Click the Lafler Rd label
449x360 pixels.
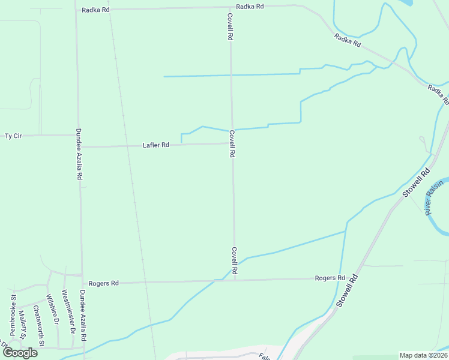(x=156, y=145)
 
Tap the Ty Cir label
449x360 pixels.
(x=13, y=136)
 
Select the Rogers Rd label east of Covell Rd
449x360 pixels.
(x=330, y=278)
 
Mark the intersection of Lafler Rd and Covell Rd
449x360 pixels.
(x=232, y=143)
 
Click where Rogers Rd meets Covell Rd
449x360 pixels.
(x=235, y=280)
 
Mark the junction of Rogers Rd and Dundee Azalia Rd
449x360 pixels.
(x=82, y=283)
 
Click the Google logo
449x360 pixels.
(x=20, y=353)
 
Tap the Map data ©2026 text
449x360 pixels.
(x=423, y=355)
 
